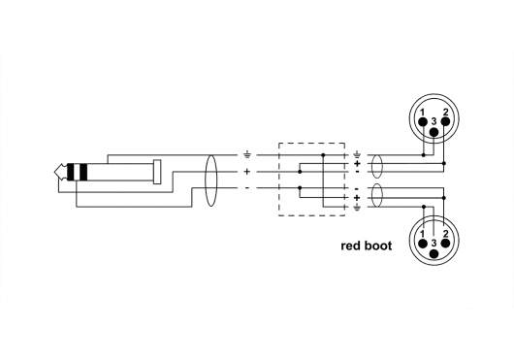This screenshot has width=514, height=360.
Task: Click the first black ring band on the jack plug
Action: [73, 173]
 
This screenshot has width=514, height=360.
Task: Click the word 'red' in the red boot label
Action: [351, 246]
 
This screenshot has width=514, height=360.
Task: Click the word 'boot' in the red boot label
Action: [379, 246]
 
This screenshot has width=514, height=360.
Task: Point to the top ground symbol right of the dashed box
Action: [357, 154]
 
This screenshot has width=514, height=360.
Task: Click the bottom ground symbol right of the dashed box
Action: [357, 207]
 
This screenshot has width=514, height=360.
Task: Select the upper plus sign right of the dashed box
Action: [357, 163]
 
